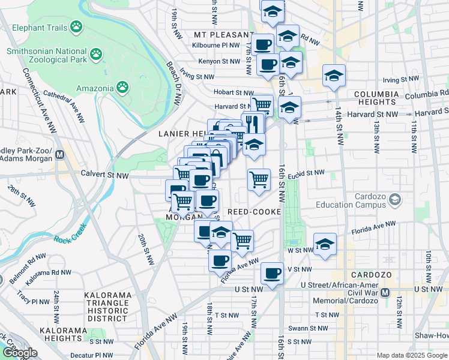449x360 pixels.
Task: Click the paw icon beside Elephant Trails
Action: point(76,26)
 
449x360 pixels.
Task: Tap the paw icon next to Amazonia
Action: point(122,88)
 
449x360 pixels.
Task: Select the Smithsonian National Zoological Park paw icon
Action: point(96,56)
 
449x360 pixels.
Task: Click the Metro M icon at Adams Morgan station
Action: point(59,155)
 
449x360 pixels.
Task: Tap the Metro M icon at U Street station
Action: point(385,293)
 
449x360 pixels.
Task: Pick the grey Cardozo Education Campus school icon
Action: point(394,199)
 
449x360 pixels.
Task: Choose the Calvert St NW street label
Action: point(105,175)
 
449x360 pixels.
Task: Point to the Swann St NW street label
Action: point(307,328)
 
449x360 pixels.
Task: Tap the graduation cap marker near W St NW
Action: point(325,244)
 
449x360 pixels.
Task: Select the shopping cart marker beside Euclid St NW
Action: point(259,179)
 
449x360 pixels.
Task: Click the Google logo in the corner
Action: point(19,352)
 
